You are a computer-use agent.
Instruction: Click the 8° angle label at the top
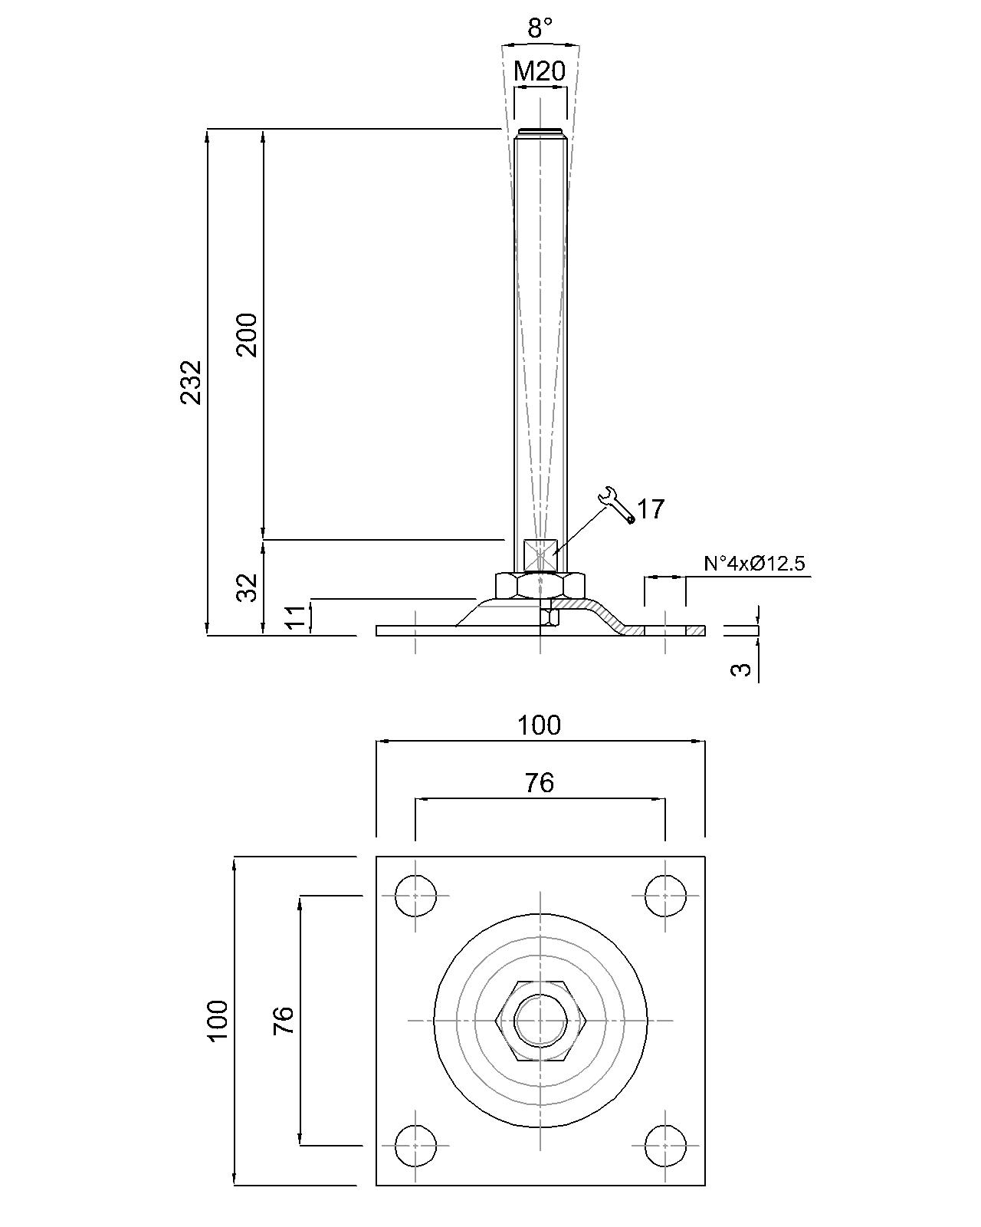(x=540, y=29)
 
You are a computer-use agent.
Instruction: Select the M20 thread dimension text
(x=540, y=71)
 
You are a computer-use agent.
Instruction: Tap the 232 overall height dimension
(x=192, y=381)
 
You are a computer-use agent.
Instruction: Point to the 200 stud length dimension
(x=248, y=334)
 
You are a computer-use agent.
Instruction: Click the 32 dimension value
(x=248, y=588)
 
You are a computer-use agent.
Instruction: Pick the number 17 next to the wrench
(x=651, y=508)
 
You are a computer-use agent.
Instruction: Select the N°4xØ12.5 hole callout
(x=754, y=564)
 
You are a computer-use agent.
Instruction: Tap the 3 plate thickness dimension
(x=740, y=669)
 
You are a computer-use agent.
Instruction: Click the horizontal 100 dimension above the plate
(x=539, y=725)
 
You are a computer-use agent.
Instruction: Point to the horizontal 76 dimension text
(x=539, y=782)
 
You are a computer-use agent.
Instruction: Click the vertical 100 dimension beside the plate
(x=218, y=1020)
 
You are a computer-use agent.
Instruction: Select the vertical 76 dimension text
(x=284, y=1020)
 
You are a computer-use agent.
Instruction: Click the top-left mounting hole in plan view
(x=415, y=895)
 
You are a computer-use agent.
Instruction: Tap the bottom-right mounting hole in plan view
(x=664, y=1145)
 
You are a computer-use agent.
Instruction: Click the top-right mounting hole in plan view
(x=664, y=895)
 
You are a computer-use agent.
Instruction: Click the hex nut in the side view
(x=540, y=585)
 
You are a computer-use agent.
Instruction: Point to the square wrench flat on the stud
(x=540, y=554)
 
